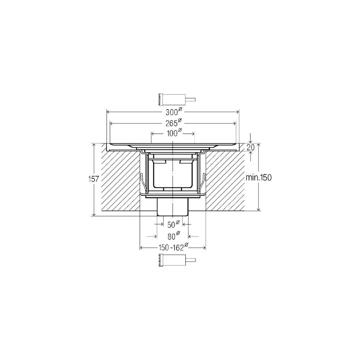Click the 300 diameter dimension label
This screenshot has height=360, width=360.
(x=174, y=112)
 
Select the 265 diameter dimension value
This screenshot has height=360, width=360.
(x=174, y=123)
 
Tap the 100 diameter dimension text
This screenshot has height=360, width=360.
(x=174, y=133)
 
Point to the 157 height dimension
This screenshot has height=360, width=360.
(x=94, y=179)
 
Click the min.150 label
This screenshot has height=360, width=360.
(x=258, y=177)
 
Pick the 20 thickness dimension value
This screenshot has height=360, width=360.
(x=251, y=148)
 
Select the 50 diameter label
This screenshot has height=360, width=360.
(x=174, y=224)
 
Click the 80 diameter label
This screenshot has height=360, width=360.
(x=174, y=236)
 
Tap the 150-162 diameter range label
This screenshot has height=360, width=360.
(x=173, y=247)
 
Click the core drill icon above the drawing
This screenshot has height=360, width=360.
(x=177, y=100)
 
